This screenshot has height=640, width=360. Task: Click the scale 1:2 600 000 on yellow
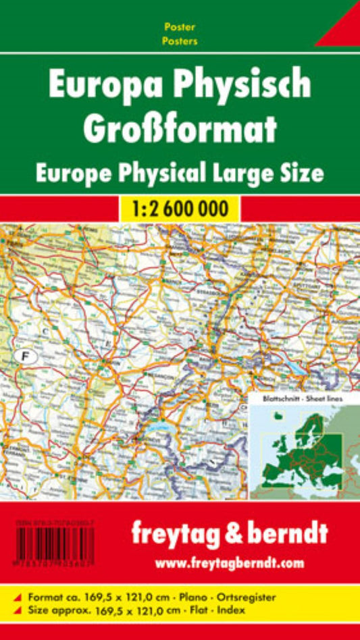point(180,208)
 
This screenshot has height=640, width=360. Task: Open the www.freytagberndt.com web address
point(230,562)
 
